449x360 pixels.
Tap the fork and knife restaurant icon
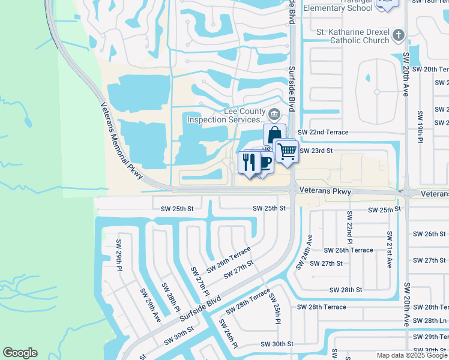click(249, 161)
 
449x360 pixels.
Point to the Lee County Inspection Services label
click(228, 115)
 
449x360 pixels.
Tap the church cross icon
click(398, 36)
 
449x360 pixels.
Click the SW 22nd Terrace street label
click(323, 132)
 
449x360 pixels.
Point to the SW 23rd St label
click(316, 151)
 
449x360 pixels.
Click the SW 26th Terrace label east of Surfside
click(348, 250)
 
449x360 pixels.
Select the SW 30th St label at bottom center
click(277, 344)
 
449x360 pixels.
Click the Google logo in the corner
click(20, 353)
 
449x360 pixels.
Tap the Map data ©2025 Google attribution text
click(412, 355)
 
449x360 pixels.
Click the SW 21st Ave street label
click(390, 249)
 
